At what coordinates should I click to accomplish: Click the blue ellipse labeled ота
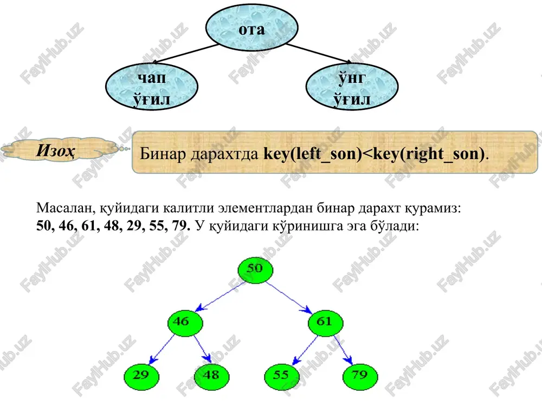click(251, 28)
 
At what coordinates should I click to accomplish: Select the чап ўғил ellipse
click(151, 87)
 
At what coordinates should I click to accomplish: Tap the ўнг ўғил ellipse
click(352, 87)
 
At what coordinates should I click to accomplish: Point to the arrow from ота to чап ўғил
click(185, 54)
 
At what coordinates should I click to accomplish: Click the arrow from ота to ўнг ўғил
click(319, 54)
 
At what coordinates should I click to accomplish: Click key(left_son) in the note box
click(312, 154)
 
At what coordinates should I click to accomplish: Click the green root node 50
click(255, 270)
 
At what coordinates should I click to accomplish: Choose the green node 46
click(185, 323)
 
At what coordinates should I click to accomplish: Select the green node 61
click(325, 323)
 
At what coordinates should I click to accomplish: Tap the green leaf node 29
click(141, 376)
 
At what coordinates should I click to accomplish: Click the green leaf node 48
click(211, 376)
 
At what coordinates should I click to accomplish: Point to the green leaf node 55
click(282, 376)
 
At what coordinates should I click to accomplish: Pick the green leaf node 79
click(360, 376)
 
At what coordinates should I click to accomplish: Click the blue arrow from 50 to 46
click(220, 296)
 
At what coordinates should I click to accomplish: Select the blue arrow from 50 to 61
click(289, 297)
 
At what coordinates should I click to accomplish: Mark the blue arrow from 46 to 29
click(162, 349)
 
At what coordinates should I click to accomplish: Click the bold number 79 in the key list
click(180, 225)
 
